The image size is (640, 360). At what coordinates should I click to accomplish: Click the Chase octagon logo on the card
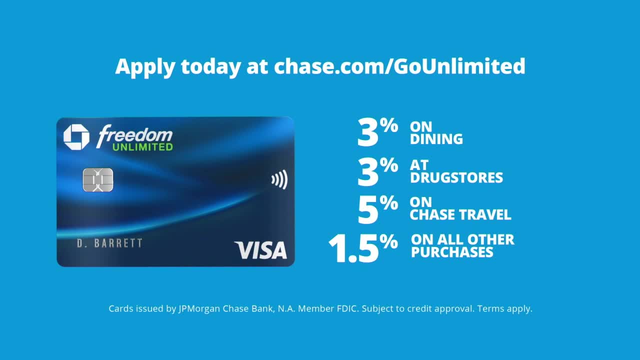pyautogui.click(x=76, y=137)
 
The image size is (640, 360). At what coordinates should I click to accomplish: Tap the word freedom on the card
pyautogui.click(x=134, y=135)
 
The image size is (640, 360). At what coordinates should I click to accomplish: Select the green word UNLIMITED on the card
pyautogui.click(x=142, y=147)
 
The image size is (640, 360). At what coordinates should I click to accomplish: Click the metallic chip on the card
pyautogui.click(x=98, y=179)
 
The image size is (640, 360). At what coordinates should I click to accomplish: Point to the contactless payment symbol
pyautogui.click(x=279, y=179)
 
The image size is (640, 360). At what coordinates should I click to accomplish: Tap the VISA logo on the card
pyautogui.click(x=260, y=250)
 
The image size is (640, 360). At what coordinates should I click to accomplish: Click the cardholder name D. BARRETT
pyautogui.click(x=109, y=243)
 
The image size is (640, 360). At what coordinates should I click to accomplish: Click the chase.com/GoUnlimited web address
pyautogui.click(x=399, y=66)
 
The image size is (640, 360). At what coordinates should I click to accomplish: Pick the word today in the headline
pyautogui.click(x=211, y=66)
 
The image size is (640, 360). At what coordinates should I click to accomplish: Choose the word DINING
pyautogui.click(x=436, y=139)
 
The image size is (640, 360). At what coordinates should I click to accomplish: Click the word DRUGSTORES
pyautogui.click(x=456, y=177)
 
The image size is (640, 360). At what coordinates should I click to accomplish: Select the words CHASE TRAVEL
pyautogui.click(x=460, y=215)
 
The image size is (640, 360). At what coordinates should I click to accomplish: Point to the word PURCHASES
pyautogui.click(x=452, y=252)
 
